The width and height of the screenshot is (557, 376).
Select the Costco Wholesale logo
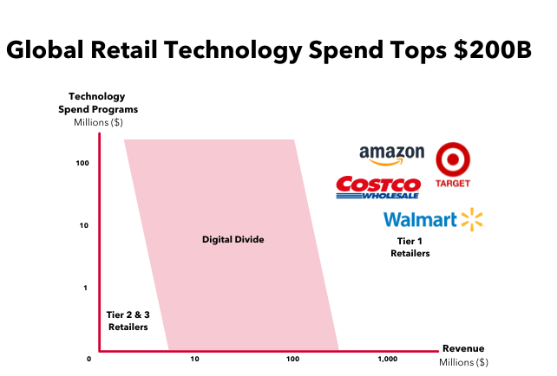(x=377, y=186)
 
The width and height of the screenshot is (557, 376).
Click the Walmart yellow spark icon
(x=470, y=219)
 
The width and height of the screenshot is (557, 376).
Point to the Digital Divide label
(x=232, y=239)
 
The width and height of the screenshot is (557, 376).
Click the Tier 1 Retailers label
(x=410, y=247)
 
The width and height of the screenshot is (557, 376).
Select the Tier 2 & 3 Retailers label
(x=128, y=321)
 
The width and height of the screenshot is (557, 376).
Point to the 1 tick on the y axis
(x=85, y=288)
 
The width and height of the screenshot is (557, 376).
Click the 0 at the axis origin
(x=89, y=359)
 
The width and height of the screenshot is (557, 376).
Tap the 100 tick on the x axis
(x=292, y=359)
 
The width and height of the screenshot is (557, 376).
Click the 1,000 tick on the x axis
(x=388, y=359)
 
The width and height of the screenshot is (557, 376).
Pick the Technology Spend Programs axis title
(x=103, y=103)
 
